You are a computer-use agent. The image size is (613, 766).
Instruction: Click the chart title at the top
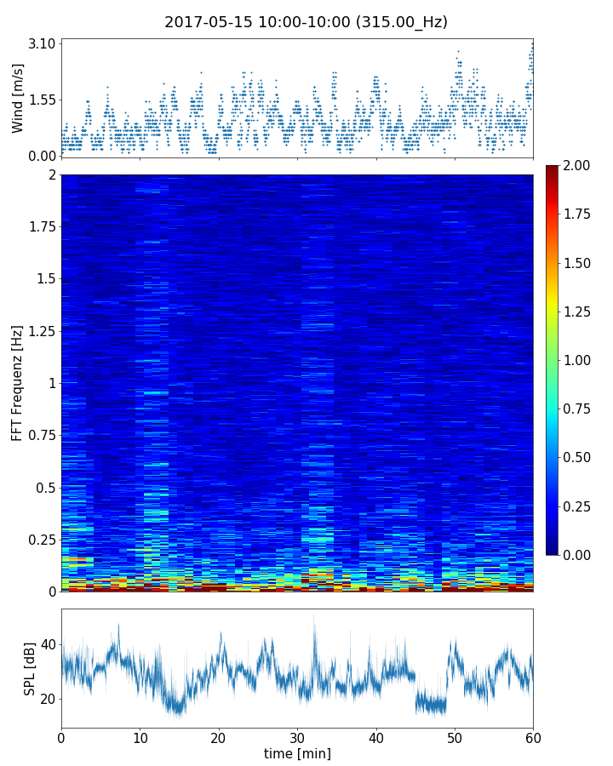coord(306,22)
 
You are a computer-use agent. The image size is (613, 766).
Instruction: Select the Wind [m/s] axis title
coord(18,100)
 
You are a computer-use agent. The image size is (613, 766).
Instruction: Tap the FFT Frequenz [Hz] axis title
coord(18,382)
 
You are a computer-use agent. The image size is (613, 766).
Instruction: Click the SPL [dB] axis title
coord(30,668)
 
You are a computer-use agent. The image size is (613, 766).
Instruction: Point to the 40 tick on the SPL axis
coord(47,644)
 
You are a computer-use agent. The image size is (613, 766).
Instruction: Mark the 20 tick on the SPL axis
coord(47,699)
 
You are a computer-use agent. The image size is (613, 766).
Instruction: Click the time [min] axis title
coord(297,753)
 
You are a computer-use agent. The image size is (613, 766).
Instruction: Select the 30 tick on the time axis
coord(297,736)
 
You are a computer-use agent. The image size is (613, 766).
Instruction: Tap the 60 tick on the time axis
coord(533,736)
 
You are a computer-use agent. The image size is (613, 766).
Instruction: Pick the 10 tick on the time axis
coord(140,736)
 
